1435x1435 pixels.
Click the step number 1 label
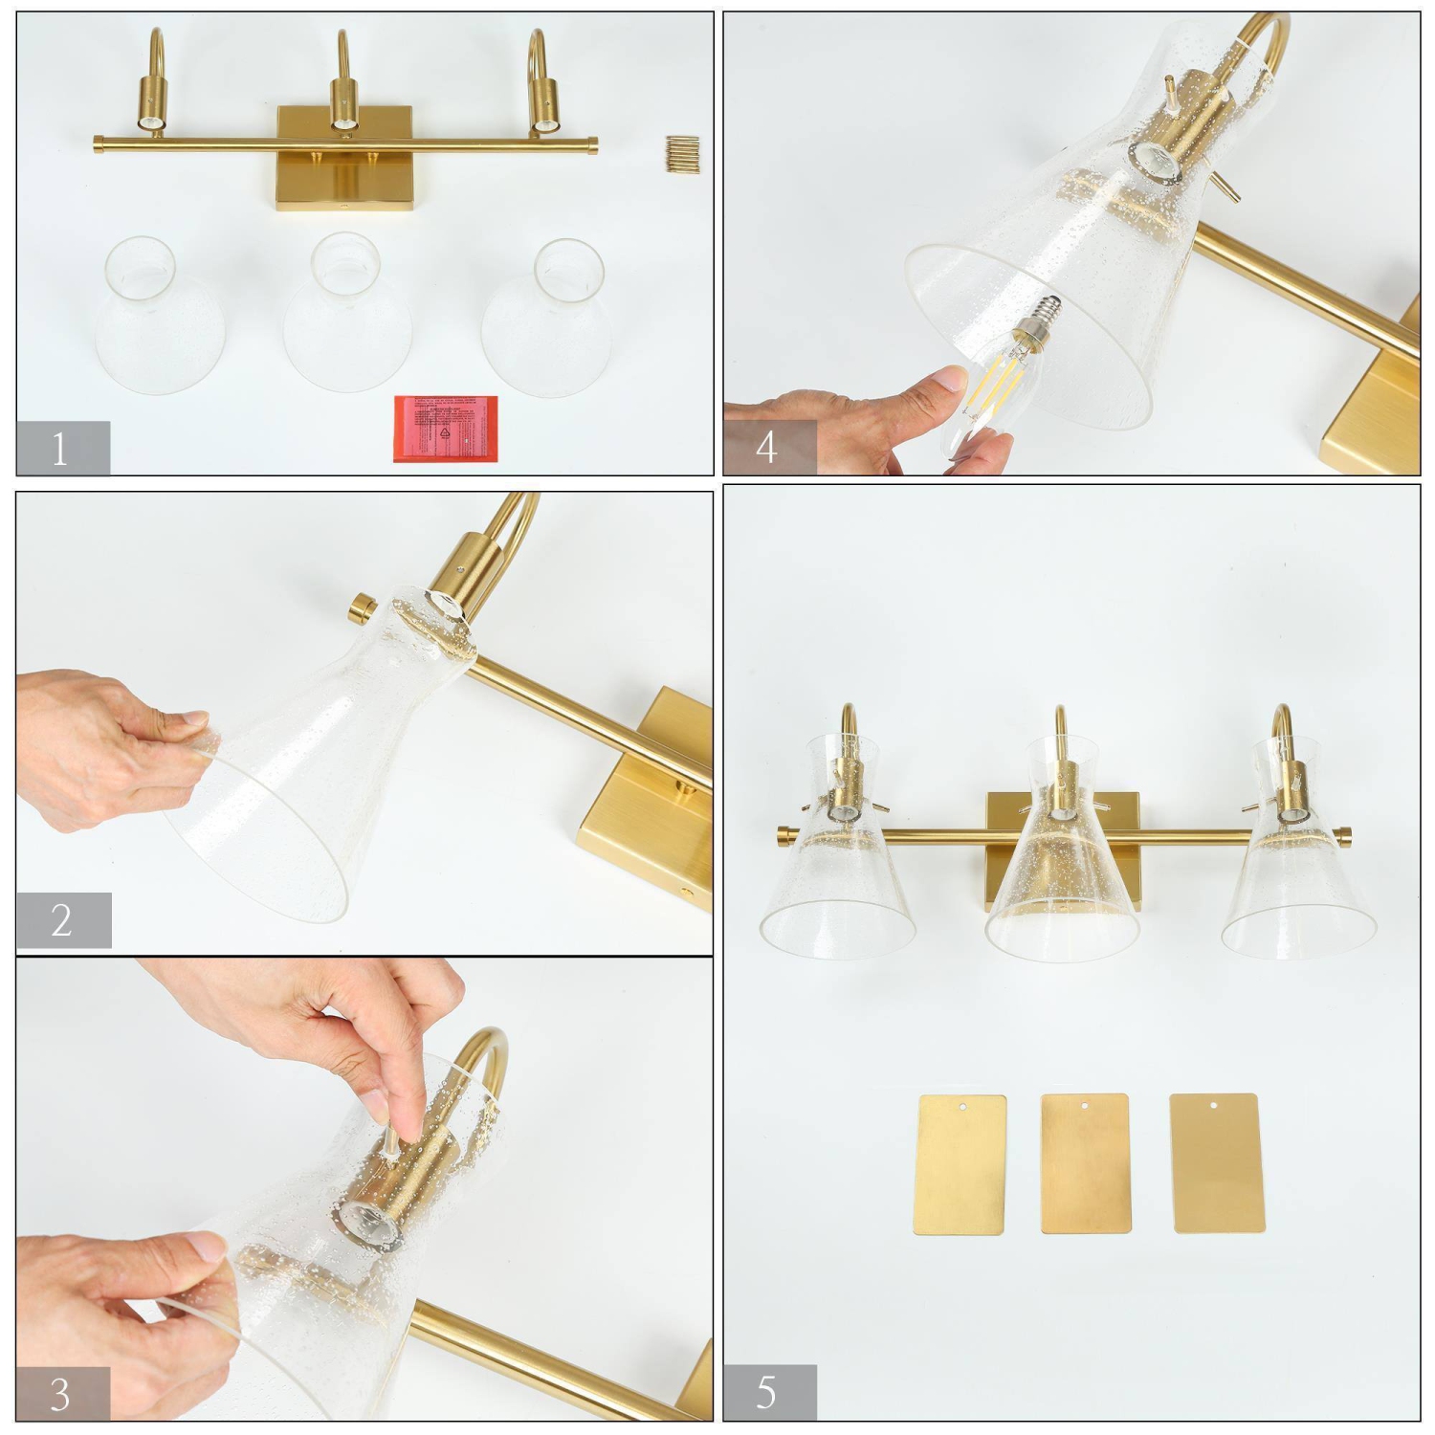[x=62, y=448]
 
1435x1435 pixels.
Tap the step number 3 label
[x=62, y=1394]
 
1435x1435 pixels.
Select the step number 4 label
[x=768, y=447]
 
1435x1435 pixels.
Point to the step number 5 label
[x=768, y=1392]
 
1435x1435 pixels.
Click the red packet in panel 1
[x=446, y=428]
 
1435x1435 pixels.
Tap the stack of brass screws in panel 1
[x=682, y=155]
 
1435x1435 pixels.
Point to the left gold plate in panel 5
[x=960, y=1164]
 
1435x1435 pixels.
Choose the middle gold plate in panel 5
[x=1085, y=1163]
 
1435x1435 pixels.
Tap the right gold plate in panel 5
[x=1216, y=1162]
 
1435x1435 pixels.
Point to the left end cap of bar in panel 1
[x=99, y=144]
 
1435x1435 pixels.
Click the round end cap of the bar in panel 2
[x=362, y=607]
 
